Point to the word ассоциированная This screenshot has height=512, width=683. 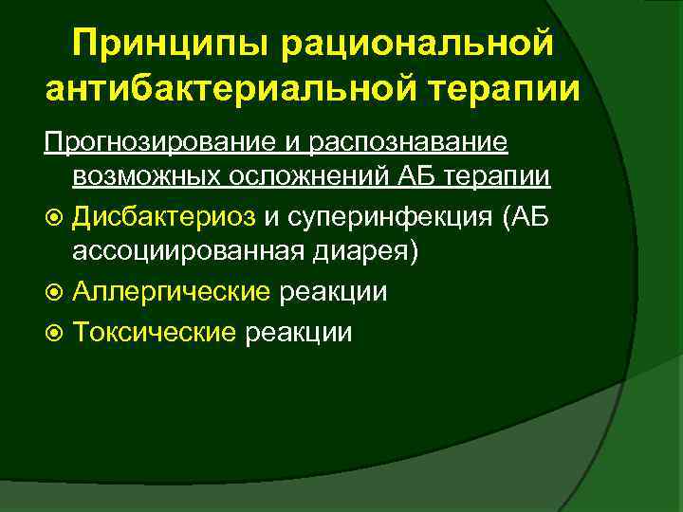tap(183, 253)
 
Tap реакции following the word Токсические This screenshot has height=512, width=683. tap(298, 332)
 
